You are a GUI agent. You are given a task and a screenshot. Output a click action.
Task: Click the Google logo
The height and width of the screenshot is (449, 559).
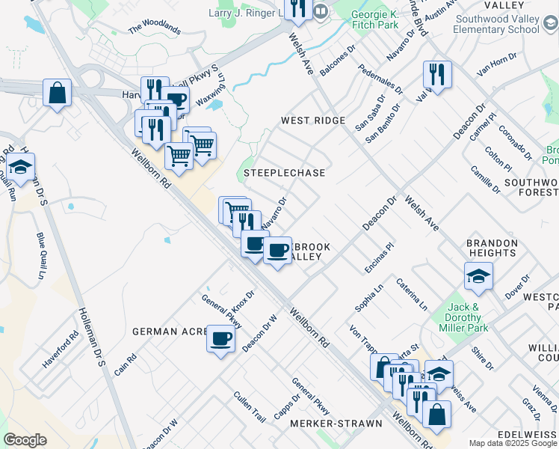[x=25, y=440]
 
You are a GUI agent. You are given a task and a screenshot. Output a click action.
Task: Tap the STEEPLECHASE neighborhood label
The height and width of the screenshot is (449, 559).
[x=285, y=173]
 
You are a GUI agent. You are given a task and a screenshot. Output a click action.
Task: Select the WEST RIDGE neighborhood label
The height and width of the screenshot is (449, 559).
[x=313, y=120]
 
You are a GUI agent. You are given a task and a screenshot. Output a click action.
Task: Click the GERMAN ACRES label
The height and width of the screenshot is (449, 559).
[x=168, y=331]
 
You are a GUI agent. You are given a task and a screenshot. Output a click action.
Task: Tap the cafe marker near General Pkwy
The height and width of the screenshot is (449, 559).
[x=220, y=339]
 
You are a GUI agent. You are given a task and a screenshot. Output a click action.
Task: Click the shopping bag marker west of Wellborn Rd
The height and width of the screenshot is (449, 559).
[x=57, y=94]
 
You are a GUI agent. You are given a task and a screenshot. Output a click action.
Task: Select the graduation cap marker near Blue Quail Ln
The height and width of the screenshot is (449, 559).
[x=20, y=168]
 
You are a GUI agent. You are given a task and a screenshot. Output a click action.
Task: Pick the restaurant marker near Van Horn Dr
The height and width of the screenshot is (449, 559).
[x=436, y=75]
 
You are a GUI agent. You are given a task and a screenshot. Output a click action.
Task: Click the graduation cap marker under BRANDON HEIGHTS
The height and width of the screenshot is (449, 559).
[x=478, y=278]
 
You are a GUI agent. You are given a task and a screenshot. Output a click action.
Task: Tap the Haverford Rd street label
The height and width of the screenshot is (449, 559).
[x=61, y=350]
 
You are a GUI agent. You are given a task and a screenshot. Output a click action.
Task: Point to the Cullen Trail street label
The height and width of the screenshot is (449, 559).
[x=250, y=407]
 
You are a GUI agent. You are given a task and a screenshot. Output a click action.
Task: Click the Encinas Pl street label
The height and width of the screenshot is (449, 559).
[x=379, y=258]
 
